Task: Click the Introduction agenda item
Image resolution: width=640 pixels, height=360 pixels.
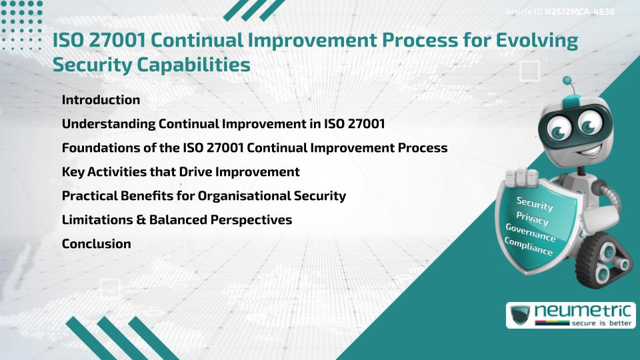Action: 101,100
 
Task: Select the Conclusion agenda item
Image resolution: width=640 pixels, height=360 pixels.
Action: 96,244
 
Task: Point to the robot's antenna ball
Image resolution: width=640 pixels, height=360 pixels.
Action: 567,81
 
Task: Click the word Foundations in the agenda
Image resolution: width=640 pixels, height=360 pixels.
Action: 96,148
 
